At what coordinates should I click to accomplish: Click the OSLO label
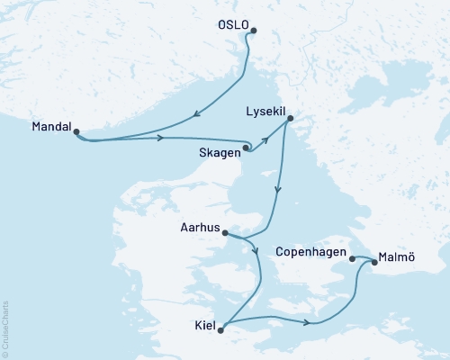tap(230, 26)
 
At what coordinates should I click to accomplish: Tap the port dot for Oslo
tap(252, 31)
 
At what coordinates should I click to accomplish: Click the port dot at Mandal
tap(76, 132)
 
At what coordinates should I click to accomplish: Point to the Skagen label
tap(220, 153)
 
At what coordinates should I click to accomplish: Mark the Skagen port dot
tap(247, 148)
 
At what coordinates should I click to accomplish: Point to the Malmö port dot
tap(373, 264)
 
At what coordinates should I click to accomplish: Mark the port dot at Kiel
tap(221, 329)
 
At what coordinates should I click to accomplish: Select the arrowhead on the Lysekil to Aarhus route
tap(278, 191)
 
